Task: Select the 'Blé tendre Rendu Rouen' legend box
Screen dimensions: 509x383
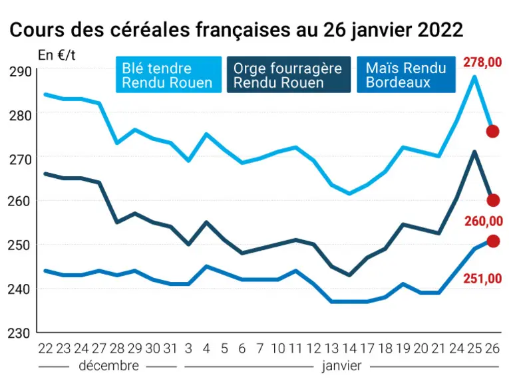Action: click(x=169, y=74)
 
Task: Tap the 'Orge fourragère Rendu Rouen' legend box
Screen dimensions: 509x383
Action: click(x=289, y=74)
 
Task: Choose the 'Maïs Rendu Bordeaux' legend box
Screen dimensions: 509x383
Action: click(x=406, y=74)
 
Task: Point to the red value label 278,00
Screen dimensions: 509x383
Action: click(x=482, y=62)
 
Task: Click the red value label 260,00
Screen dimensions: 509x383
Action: click(x=484, y=221)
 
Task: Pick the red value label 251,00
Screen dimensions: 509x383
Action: click(x=482, y=279)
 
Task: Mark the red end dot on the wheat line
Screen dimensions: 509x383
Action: click(x=492, y=132)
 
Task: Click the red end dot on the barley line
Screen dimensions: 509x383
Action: click(x=493, y=200)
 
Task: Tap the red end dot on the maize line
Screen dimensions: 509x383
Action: click(x=493, y=241)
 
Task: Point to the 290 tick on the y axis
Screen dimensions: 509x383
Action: click(x=20, y=72)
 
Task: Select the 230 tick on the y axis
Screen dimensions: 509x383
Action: click(x=19, y=333)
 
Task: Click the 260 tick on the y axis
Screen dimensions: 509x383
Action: click(x=19, y=201)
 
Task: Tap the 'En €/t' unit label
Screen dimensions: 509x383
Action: click(x=57, y=55)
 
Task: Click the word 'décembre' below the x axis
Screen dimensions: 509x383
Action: click(x=108, y=366)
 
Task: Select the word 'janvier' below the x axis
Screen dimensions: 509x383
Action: click(x=341, y=366)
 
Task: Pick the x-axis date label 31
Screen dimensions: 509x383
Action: click(x=170, y=348)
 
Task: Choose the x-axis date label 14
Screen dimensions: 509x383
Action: click(x=349, y=348)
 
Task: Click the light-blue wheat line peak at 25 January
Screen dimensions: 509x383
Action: click(x=474, y=77)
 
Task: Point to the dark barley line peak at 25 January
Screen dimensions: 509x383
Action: click(x=474, y=152)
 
